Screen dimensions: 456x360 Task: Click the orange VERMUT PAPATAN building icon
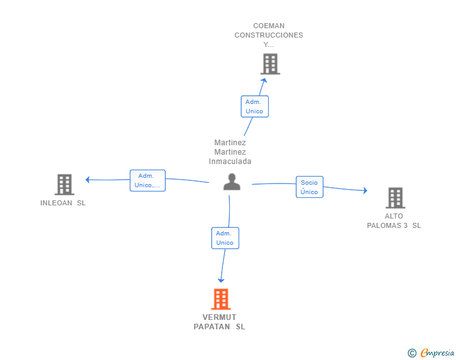(220, 299)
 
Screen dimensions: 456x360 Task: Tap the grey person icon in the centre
(232, 182)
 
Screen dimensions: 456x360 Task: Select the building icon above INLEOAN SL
(65, 184)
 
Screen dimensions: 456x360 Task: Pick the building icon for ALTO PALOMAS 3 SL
(395, 198)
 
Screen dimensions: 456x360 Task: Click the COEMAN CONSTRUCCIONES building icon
(270, 64)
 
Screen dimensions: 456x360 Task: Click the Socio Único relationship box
(309, 187)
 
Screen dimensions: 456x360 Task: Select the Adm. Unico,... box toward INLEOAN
(147, 180)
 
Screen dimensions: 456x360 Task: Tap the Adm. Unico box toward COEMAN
(254, 106)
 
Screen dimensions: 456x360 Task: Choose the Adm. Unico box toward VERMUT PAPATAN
(225, 238)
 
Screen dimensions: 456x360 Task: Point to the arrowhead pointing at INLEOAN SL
(87, 180)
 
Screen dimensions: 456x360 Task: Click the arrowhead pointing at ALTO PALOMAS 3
(365, 190)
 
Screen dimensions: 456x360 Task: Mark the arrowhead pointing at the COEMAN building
(264, 80)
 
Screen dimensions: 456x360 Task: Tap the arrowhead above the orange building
(221, 280)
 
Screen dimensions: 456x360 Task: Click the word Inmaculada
(230, 162)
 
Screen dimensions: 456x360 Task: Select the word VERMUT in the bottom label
(219, 317)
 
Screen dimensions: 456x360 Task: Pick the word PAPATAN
(212, 327)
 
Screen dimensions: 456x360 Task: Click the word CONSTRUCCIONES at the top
(269, 35)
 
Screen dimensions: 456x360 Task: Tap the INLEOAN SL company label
(63, 203)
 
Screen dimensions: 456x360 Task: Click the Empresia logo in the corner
(431, 352)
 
